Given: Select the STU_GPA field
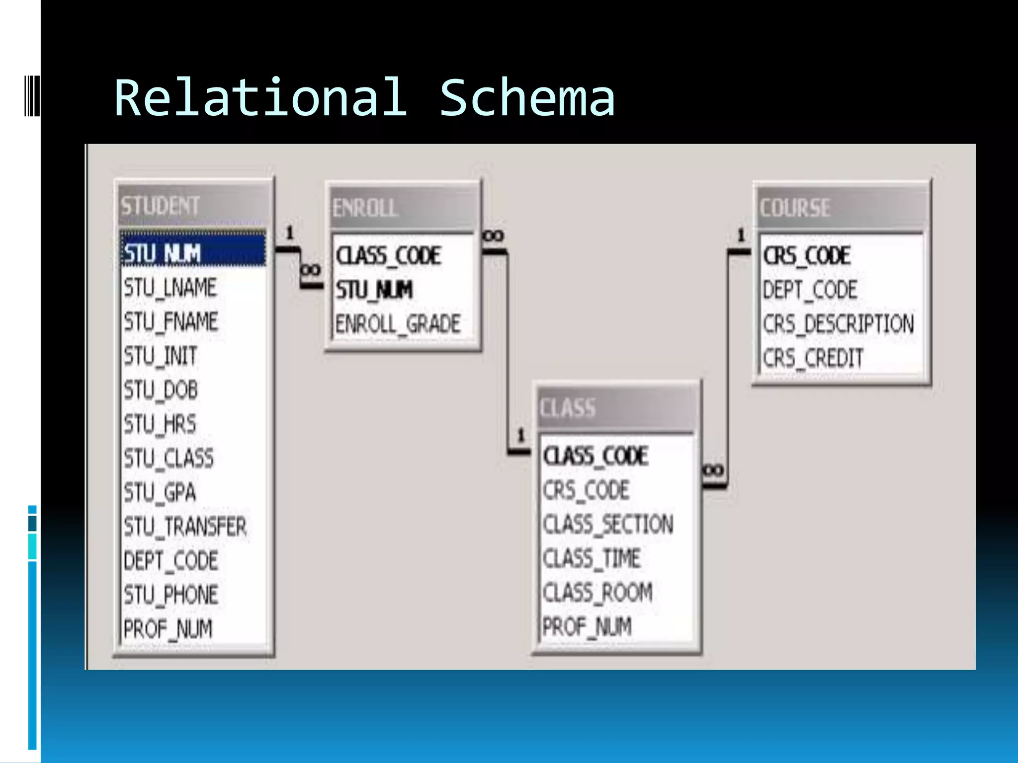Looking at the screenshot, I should pos(160,492).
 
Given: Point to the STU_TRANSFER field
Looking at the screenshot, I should pos(185,527).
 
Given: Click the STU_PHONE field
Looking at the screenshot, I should pos(171,595).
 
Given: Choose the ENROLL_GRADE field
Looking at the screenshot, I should pos(398,324).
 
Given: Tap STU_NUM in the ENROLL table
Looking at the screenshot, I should pos(374,290).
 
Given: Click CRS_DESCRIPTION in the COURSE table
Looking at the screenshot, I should pos(838,324).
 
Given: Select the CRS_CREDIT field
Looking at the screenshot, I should pos(813,358).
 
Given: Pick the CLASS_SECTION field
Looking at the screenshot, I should pos(608,525).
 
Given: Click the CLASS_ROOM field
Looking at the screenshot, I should pos(597,593).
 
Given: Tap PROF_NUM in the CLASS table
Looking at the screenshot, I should pos(587,626).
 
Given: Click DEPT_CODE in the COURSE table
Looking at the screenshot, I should pos(810,290).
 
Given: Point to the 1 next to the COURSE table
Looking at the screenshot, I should pos(741,234).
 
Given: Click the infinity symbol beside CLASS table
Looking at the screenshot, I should pos(714,470).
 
